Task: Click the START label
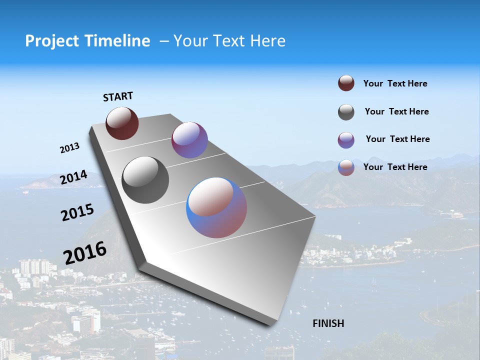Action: pos(118,96)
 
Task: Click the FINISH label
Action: pos(328,323)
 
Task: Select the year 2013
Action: pos(69,148)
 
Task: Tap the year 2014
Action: pos(73,177)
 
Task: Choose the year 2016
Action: pos(84,252)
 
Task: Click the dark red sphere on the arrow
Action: pos(122,123)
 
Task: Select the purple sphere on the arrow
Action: pos(189,140)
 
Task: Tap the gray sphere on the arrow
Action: pos(145,180)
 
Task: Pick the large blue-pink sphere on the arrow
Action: pos(216,207)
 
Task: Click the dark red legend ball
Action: pos(346,83)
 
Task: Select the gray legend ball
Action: pos(346,112)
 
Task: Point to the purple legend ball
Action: pos(346,140)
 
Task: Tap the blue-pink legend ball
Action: pos(346,167)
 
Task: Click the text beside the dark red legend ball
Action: pos(395,84)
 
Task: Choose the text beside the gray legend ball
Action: pos(396,111)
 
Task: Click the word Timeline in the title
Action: pos(117,41)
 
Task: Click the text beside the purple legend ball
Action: pos(397,139)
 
